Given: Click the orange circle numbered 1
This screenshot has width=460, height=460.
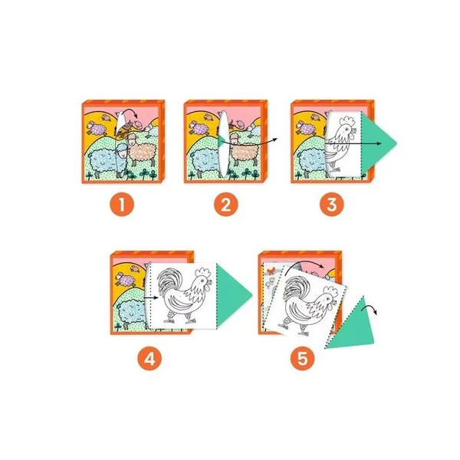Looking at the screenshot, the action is coord(122,204).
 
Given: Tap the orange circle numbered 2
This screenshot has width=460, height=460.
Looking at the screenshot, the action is coord(225,204).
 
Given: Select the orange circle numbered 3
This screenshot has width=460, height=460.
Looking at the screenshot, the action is coord(332,204).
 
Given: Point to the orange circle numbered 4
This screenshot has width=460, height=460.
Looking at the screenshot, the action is coord(149,358).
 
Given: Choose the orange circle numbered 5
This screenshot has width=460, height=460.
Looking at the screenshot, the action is coord(303,358).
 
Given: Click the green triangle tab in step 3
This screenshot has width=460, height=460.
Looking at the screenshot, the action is coord(377,143).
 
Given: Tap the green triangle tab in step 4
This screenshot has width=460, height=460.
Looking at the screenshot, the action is coord(232,294).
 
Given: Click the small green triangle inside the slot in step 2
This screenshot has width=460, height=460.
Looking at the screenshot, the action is coord(222,141).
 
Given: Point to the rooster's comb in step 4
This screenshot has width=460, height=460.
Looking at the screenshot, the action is coord(203,273).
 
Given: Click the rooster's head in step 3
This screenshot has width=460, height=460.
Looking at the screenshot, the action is coord(347,126).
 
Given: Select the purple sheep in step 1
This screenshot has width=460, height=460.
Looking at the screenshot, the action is coord(97,127).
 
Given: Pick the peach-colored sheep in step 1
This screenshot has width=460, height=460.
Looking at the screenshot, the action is coord(141,149).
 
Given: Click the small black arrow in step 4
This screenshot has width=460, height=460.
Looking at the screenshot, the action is coord(151,298).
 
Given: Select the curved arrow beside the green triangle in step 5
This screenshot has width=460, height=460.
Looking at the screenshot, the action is coord(368,309).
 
